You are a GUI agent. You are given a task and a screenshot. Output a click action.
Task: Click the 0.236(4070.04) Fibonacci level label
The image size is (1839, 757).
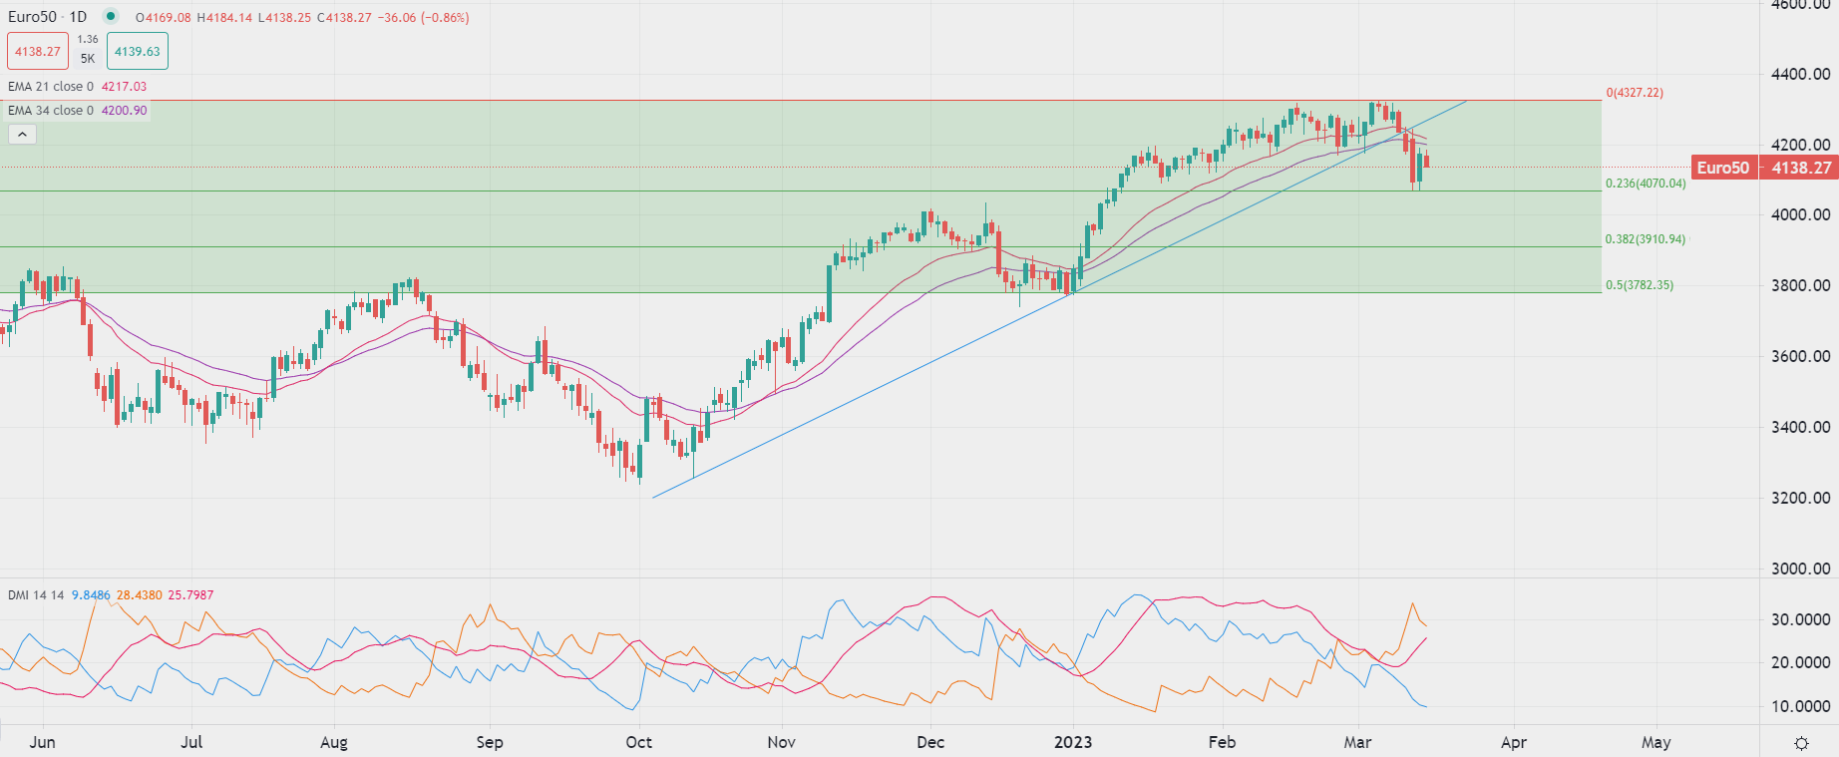coord(1646,184)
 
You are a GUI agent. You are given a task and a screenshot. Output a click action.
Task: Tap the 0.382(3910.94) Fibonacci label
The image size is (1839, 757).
coord(1646,239)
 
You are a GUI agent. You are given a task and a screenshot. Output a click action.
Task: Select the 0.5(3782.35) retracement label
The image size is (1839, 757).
coord(1640,285)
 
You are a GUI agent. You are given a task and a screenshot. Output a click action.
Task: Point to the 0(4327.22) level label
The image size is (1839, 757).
coord(1635,93)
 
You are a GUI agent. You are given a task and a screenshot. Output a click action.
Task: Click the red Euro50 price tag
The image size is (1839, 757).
coord(1723,168)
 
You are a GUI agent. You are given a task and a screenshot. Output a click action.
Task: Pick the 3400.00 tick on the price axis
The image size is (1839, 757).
coord(1801,427)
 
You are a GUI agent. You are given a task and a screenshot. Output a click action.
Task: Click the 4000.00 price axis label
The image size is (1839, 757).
coord(1801,214)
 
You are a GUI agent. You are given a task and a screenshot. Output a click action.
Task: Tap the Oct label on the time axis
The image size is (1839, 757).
coord(638,742)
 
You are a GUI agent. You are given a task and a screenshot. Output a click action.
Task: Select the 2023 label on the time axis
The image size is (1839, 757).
coord(1073,742)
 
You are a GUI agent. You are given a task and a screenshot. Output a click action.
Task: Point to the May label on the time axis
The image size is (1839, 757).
coord(1655,742)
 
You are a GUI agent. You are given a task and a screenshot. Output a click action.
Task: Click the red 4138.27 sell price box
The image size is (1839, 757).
coord(38,52)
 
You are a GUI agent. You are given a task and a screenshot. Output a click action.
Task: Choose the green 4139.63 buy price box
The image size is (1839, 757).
coord(138,52)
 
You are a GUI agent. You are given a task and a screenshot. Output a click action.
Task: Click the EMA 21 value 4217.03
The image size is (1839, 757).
coord(124,87)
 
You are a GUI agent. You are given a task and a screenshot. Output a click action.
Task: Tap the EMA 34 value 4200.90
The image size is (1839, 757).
coord(124,111)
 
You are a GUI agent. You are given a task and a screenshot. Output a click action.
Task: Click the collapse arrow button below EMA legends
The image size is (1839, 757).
coord(22,134)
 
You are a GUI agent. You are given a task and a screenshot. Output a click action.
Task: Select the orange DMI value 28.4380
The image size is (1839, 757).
coord(139,595)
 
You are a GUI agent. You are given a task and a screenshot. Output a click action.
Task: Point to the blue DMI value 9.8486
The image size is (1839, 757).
coord(91,595)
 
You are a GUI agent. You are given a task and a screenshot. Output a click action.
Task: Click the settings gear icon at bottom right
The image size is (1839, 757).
coord(1801,743)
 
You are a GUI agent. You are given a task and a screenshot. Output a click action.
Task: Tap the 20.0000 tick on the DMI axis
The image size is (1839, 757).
coord(1801,662)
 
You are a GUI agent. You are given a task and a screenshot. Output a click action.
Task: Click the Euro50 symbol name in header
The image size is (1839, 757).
coord(32,17)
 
